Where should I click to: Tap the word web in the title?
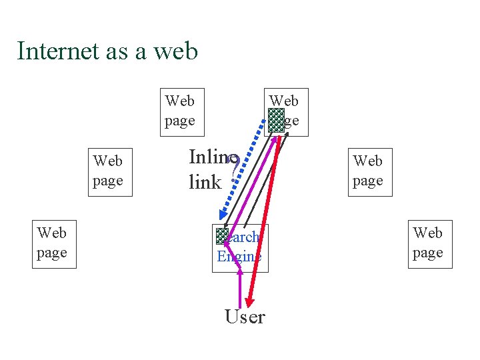[x=176, y=51]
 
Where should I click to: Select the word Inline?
[x=208, y=157]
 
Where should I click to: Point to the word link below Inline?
[x=204, y=181]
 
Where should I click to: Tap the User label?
[x=245, y=317]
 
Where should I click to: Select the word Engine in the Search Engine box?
[x=239, y=257]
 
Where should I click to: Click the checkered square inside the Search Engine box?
[x=222, y=235]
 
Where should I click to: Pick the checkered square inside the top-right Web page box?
[x=276, y=120]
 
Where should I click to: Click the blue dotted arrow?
[x=243, y=173]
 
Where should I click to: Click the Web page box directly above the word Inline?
[x=182, y=111]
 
